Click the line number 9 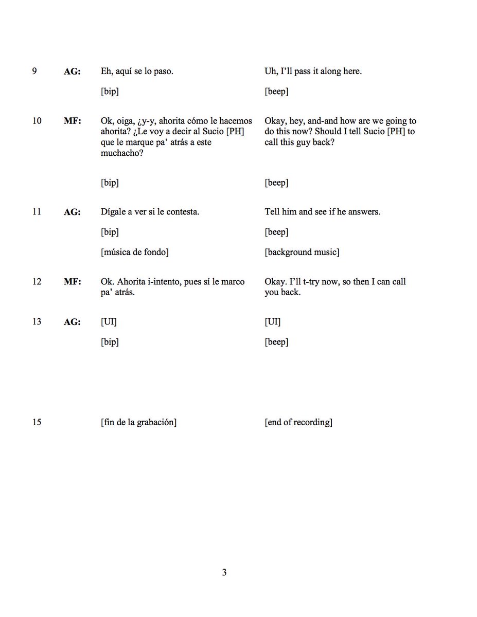(34, 71)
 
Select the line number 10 (37, 121)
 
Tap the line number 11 (37, 212)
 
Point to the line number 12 (37, 282)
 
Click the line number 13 (37, 322)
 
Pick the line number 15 (37, 423)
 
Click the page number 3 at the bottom (224, 572)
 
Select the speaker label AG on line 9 (72, 72)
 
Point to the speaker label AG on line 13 (72, 323)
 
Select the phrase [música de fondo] (135, 252)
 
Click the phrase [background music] (302, 252)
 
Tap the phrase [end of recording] (298, 423)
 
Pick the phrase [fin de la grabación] (139, 423)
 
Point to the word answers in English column (363, 212)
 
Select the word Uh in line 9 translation (271, 71)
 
